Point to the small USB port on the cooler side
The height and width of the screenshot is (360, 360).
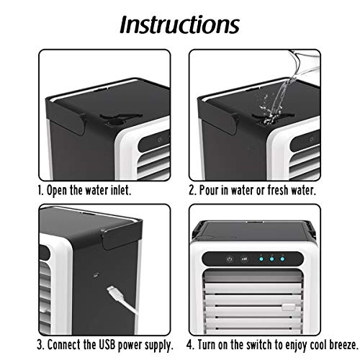tap(95, 274)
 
